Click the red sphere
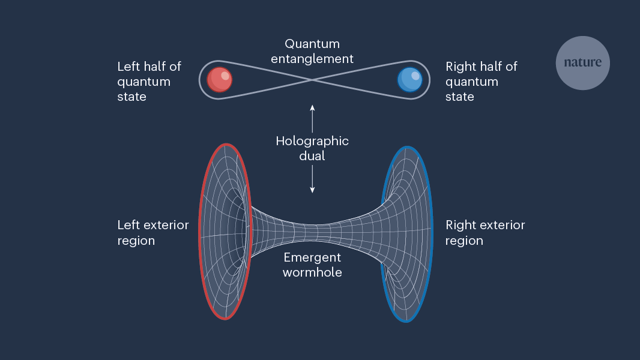pyautogui.click(x=220, y=80)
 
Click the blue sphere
pyautogui.click(x=410, y=80)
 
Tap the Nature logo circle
pyautogui.click(x=582, y=62)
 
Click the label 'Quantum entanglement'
pyautogui.click(x=312, y=51)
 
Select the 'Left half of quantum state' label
pyautogui.click(x=149, y=81)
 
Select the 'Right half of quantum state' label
pyautogui.click(x=481, y=81)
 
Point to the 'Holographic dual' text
pyautogui.click(x=312, y=148)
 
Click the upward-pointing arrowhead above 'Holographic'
pyautogui.click(x=312, y=107)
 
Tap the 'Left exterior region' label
pyautogui.click(x=152, y=233)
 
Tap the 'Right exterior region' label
pyautogui.click(x=485, y=233)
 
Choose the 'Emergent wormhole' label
pyautogui.click(x=312, y=265)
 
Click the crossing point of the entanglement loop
pyautogui.click(x=312, y=80)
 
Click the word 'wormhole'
pyautogui.click(x=312, y=272)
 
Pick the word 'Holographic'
pyautogui.click(x=312, y=141)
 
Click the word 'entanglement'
pyautogui.click(x=312, y=59)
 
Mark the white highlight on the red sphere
pyautogui.click(x=225, y=76)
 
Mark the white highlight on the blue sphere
pyautogui.click(x=415, y=76)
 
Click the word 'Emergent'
pyautogui.click(x=312, y=257)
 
